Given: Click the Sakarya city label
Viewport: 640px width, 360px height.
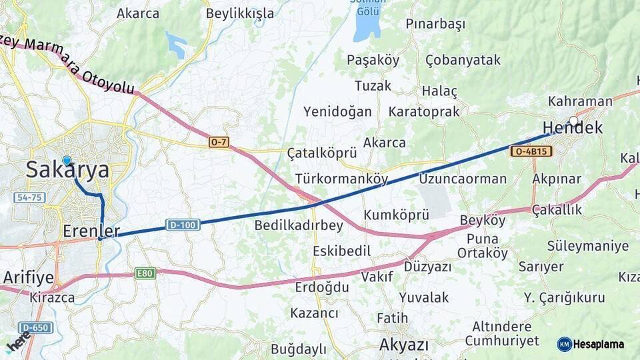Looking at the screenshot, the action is click(67, 171).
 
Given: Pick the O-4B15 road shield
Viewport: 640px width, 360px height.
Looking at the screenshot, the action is click(531, 151).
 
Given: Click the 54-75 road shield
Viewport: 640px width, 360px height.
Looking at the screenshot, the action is click(29, 198).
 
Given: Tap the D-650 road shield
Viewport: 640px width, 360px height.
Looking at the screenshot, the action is click(35, 327).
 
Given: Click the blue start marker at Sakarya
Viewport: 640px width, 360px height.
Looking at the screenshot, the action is click(67, 161).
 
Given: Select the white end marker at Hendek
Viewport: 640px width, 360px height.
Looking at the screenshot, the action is click(573, 121).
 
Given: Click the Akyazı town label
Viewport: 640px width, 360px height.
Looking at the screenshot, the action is click(403, 345).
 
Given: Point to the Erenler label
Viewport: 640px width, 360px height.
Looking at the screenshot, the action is click(91, 231).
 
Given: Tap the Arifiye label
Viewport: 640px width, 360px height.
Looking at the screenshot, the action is click(28, 277).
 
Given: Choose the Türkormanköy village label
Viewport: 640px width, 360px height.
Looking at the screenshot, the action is click(341, 179).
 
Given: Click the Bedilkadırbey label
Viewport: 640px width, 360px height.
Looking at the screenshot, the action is click(299, 225).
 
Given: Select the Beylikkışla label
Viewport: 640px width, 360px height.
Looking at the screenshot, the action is click(240, 13).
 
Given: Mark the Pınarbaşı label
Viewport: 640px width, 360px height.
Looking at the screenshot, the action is click(435, 24).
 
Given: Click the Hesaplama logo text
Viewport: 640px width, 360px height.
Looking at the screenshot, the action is click(598, 344).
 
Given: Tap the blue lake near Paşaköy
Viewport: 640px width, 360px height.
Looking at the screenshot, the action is click(367, 23).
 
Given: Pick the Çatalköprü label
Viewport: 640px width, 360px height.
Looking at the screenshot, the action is click(322, 153).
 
